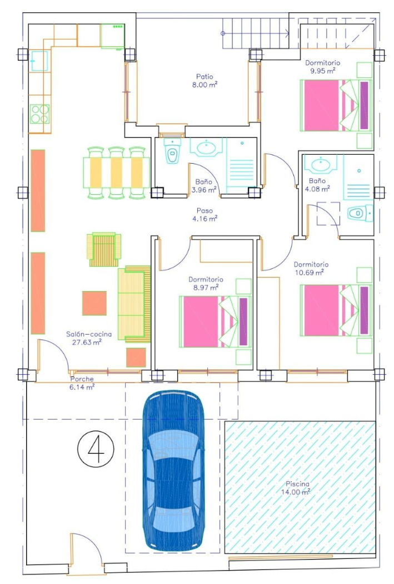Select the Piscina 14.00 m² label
coord(296,488)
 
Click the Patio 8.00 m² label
coord(205,81)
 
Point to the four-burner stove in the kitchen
coord(40,114)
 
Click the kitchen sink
coord(39,60)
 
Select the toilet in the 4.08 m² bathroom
coord(360,213)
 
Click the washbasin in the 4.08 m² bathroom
coord(322,164)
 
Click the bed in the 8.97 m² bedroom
coord(215,321)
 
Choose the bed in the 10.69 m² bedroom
coord(336,311)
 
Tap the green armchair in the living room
coord(104,249)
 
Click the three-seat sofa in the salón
coord(134,304)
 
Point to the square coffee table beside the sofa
coord(94,303)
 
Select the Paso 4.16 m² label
coord(205,215)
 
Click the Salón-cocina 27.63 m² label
coord(88,338)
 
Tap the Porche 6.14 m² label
coord(82,383)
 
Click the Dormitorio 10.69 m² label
coord(311,268)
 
